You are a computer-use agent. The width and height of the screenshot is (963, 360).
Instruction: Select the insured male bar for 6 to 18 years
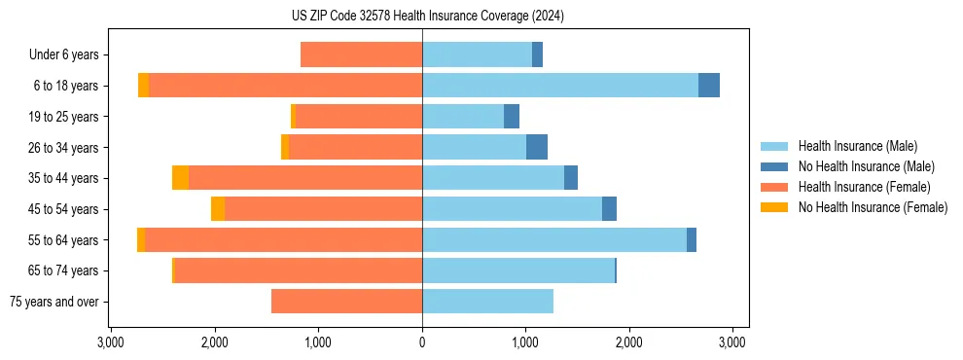pyautogui.click(x=559, y=86)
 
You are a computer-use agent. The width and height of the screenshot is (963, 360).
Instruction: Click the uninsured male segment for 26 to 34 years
pyautogui.click(x=537, y=147)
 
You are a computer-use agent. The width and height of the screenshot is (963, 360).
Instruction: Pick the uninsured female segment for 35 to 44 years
pyautogui.click(x=180, y=178)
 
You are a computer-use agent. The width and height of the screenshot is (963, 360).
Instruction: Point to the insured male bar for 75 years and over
pyautogui.click(x=487, y=302)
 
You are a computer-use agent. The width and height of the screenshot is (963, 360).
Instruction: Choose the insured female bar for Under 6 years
pyautogui.click(x=361, y=54)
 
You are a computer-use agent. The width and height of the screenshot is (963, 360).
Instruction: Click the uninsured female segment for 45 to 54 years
pyautogui.click(x=218, y=209)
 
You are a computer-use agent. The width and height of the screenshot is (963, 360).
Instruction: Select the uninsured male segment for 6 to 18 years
pyautogui.click(x=709, y=86)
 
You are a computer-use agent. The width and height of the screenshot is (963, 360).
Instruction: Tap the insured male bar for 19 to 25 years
pyautogui.click(x=463, y=117)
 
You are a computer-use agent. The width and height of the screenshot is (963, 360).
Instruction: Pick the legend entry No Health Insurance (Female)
pyautogui.click(x=873, y=207)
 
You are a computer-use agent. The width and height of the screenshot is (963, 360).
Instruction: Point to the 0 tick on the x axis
pyautogui.click(x=422, y=342)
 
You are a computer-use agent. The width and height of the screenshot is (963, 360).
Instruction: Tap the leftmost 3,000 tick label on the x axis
pyautogui.click(x=111, y=342)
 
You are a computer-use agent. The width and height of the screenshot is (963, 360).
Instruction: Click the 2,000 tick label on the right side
pyautogui.click(x=628, y=342)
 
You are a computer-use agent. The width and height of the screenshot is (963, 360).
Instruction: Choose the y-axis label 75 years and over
pyautogui.click(x=54, y=302)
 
